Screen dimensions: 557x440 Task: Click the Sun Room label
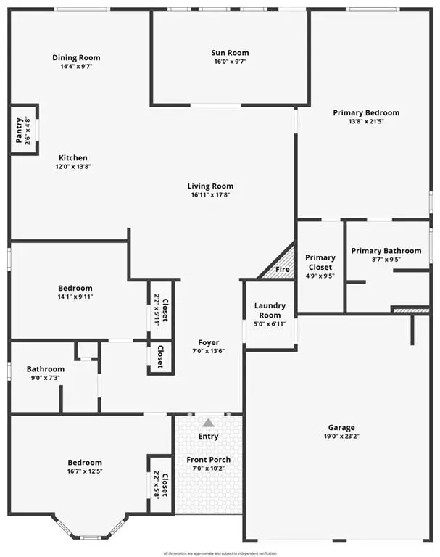click(230, 53)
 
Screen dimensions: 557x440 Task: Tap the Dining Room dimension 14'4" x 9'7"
click(76, 66)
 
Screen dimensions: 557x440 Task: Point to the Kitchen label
click(73, 158)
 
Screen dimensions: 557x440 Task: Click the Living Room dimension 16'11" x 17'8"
click(212, 194)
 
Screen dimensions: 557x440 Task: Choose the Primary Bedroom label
click(366, 112)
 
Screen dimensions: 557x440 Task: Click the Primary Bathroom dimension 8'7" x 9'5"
click(386, 260)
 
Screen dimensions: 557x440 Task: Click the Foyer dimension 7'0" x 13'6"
click(209, 352)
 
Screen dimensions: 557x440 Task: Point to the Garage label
click(341, 428)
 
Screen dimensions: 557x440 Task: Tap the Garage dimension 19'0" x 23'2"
click(341, 437)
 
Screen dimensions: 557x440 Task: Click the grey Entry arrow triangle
click(209, 422)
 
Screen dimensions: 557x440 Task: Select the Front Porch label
click(209, 460)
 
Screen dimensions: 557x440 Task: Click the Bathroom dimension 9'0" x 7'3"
click(46, 378)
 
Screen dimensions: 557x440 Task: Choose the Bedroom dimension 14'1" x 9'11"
click(75, 297)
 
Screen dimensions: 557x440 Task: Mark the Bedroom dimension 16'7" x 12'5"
click(85, 471)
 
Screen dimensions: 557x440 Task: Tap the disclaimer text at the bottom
click(220, 553)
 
